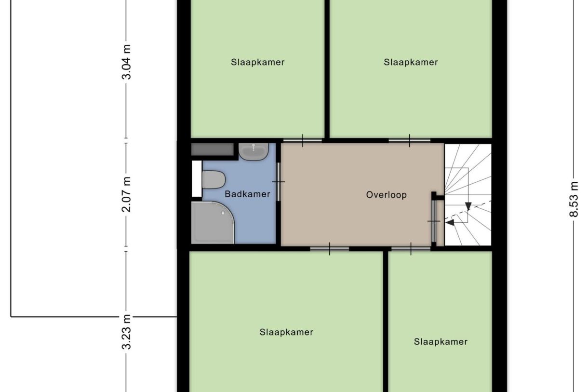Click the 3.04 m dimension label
coord(126,63)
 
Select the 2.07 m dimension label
coord(126,195)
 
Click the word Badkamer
coord(247,194)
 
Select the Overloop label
coord(386,195)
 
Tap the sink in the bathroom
coord(254,152)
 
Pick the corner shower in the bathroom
coord(212,223)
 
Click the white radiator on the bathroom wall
coord(197,178)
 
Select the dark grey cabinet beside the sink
coord(212,149)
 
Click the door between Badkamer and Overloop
coord(278,182)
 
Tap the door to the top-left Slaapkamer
coord(303,141)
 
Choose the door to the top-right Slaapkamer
coord(409,141)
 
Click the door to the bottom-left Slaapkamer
coord(329,249)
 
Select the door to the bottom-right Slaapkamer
coord(411,249)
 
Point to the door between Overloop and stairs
coord(434,221)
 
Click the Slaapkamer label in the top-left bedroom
coord(257,62)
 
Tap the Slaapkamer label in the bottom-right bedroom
coord(441,342)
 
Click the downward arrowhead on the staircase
coord(468,207)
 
